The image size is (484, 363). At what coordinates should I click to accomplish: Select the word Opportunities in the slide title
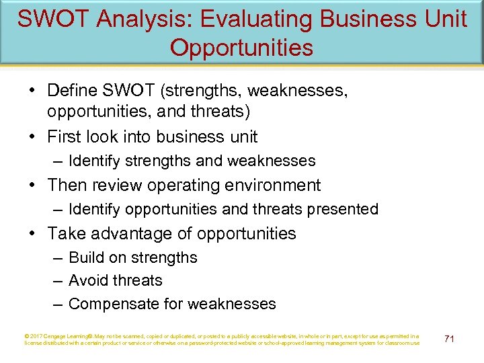(241, 48)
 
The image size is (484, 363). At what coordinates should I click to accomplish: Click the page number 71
(449, 339)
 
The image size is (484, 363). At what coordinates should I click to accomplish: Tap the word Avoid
(89, 280)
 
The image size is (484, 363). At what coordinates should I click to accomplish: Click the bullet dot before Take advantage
(34, 234)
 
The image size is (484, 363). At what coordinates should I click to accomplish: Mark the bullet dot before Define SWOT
(34, 91)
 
